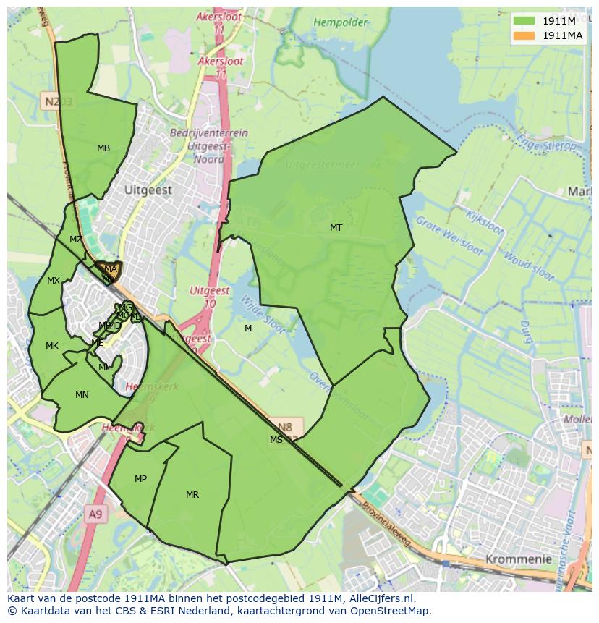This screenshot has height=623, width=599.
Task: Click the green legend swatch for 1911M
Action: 524,20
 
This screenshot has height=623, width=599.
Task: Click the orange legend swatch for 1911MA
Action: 524,35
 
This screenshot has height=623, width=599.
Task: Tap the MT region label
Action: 336,228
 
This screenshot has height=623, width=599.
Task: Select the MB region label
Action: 103,148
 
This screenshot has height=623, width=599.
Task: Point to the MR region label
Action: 192,495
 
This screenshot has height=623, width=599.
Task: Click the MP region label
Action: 140,479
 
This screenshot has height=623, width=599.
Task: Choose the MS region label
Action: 276,440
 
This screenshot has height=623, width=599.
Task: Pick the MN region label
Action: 82,395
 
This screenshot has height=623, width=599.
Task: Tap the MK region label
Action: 52,346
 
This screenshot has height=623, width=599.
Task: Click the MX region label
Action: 54,281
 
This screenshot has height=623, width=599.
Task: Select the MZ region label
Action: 76,240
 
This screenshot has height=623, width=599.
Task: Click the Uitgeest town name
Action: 148,190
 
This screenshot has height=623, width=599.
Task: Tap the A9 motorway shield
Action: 95,514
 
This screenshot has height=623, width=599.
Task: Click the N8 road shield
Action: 286,427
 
